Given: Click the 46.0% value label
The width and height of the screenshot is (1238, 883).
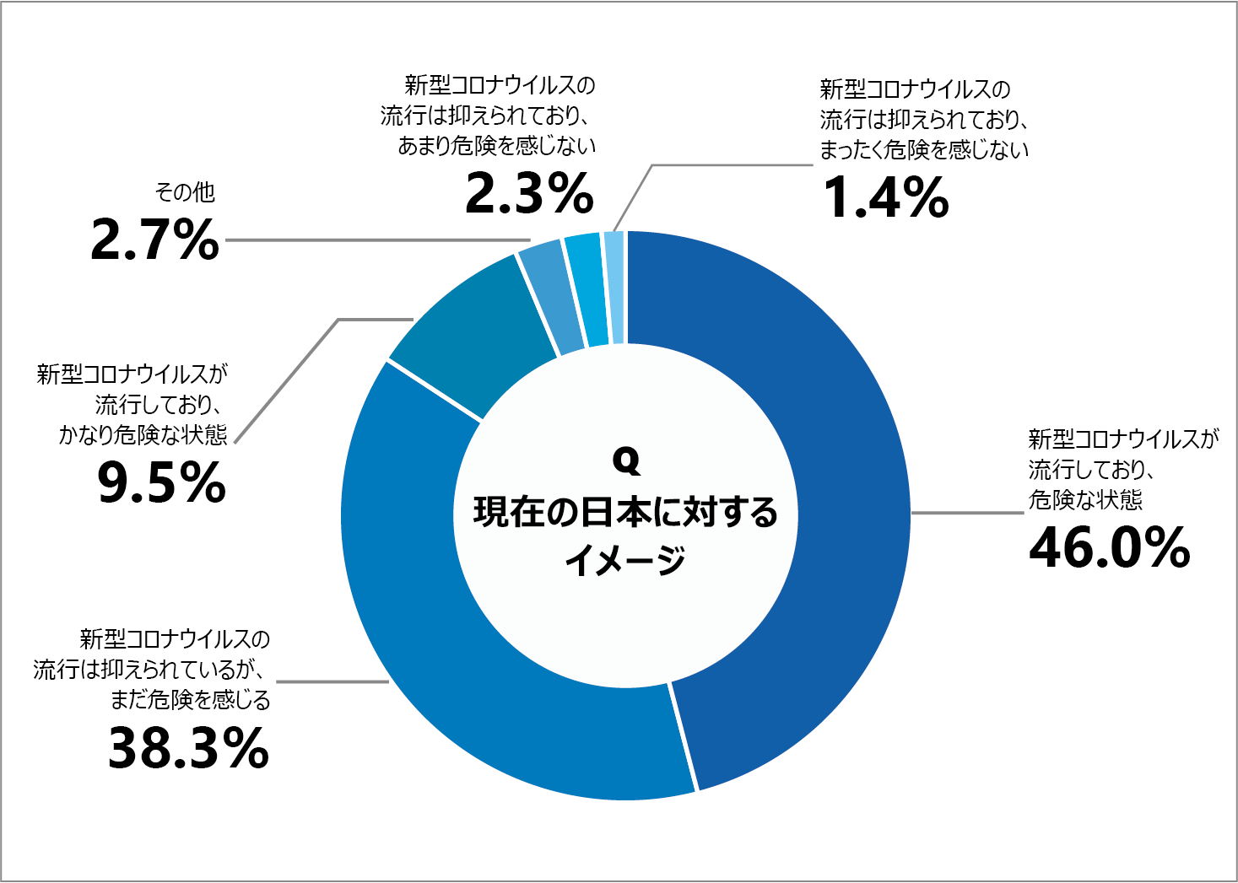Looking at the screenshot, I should (x=1109, y=547).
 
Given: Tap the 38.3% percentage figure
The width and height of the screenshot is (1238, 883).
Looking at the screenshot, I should (x=189, y=748).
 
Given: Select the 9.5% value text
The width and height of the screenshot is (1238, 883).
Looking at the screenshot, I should (x=161, y=482).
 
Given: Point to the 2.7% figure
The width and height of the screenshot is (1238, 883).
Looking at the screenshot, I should (x=154, y=240).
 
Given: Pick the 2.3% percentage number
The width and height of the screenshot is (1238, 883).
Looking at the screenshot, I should (x=529, y=193).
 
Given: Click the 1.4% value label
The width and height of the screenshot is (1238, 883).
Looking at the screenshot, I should (x=885, y=197).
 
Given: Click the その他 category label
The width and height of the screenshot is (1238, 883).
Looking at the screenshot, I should (x=185, y=193).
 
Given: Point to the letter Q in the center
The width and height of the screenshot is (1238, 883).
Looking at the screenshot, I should (x=626, y=460).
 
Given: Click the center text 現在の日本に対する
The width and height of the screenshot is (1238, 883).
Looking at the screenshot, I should (x=625, y=512).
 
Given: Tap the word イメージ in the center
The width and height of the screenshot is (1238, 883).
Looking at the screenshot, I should (x=625, y=559).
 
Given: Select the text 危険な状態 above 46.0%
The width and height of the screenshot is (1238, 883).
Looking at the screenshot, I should (x=1085, y=500).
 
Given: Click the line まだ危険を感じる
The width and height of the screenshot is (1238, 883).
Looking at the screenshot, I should (x=191, y=700).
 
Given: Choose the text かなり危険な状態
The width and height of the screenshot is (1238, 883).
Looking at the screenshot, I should (x=143, y=435).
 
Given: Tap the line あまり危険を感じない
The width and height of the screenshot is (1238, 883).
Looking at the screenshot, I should (x=497, y=146).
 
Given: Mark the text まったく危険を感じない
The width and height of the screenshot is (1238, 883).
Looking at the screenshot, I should (x=924, y=150).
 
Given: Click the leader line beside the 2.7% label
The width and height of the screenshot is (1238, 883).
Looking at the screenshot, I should (x=371, y=240).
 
